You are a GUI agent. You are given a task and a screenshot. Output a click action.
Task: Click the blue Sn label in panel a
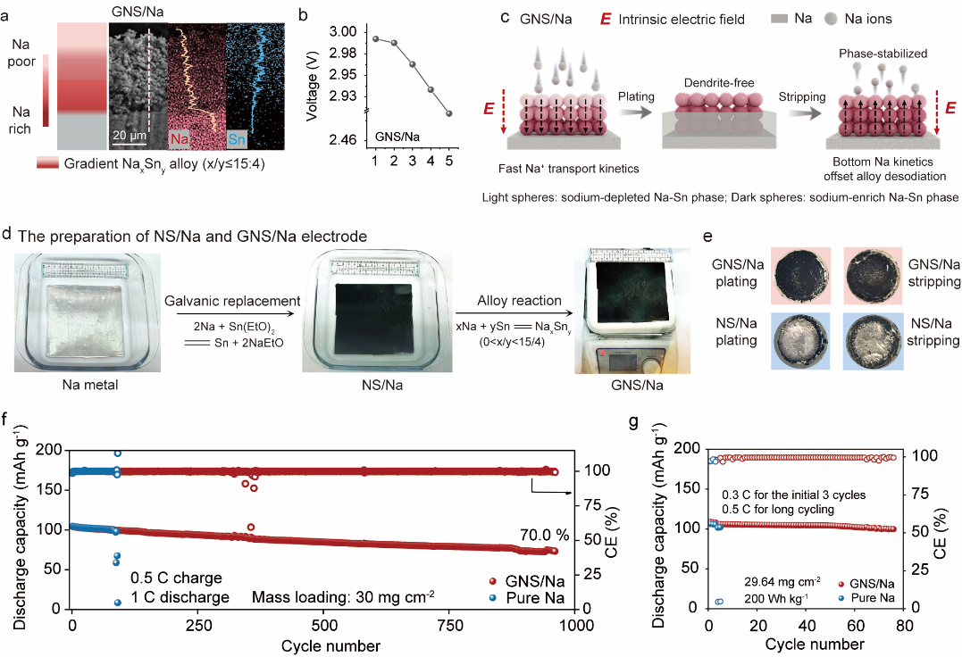236,140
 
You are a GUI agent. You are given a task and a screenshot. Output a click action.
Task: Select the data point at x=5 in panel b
448,113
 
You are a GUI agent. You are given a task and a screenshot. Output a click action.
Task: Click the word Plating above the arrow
637,96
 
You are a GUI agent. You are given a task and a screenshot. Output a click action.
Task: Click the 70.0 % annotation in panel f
544,535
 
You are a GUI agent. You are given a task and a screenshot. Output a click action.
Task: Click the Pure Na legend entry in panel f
536,598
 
